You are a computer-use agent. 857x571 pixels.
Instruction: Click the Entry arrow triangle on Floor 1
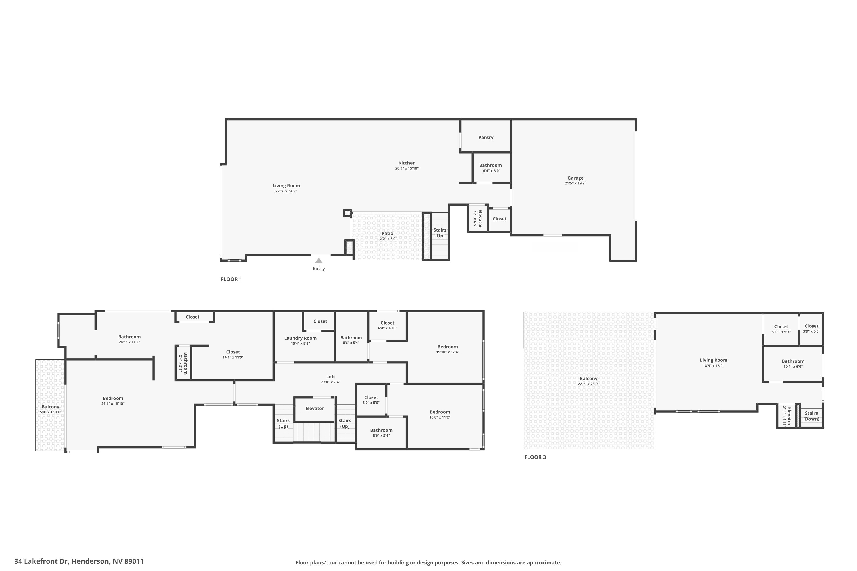pos(319,260)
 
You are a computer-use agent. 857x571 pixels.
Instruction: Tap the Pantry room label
pos(486,137)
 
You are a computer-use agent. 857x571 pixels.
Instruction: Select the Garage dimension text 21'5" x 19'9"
pos(575,183)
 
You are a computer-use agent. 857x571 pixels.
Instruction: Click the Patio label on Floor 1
pos(387,234)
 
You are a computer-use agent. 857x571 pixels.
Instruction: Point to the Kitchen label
pos(407,163)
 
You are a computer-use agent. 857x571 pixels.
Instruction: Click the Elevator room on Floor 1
pos(478,218)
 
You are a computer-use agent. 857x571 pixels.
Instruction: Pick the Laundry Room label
pos(300,338)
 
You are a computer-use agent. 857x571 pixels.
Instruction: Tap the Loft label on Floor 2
pos(331,377)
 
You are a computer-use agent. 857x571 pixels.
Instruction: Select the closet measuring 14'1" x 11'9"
pos(233,354)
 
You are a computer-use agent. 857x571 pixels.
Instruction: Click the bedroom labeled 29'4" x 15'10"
pos(113,401)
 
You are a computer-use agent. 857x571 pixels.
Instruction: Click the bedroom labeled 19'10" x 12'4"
pos(447,349)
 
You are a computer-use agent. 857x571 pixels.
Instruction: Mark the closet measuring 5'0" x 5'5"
pos(371,399)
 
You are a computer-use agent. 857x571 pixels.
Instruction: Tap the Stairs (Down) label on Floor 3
pos(811,416)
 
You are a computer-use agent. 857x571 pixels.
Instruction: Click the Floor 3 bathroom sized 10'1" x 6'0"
pos(793,363)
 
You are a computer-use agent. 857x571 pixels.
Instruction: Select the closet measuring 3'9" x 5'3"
pos(812,329)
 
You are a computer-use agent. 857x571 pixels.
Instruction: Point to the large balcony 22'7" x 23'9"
pos(588,381)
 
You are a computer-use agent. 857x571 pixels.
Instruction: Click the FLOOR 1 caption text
pos(231,279)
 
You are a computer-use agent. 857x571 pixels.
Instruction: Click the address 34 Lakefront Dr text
pos(79,561)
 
